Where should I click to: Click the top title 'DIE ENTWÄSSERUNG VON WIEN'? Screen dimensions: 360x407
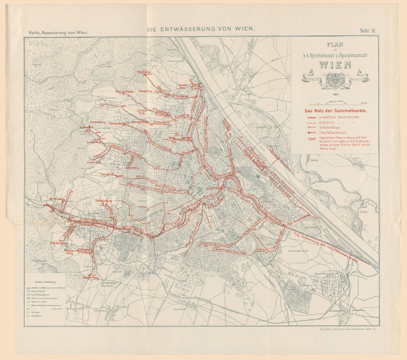(x=201, y=29)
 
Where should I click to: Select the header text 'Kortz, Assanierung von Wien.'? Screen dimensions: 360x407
(x=54, y=31)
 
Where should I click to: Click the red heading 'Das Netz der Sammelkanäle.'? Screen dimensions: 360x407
(x=334, y=110)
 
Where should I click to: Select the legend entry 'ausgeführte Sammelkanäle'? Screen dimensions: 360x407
(x=343, y=118)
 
